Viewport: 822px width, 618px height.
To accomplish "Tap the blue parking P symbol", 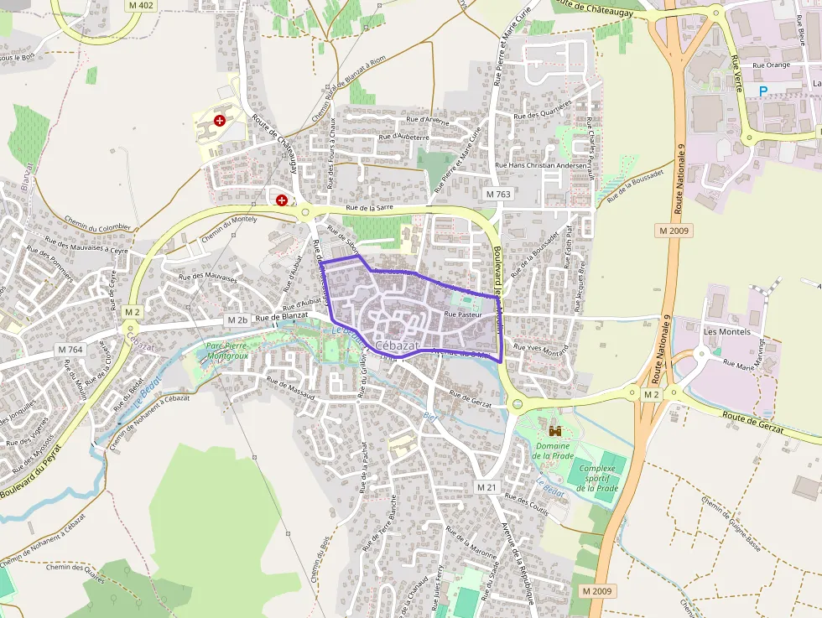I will coord(763,91).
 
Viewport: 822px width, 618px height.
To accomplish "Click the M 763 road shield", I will coord(498,194).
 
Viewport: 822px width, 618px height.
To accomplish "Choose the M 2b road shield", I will coord(237,320).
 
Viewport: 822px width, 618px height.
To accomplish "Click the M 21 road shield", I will coord(486,487).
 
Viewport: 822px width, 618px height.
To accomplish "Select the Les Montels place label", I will coord(726,331).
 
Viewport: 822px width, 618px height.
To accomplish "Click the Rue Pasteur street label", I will coord(463,314).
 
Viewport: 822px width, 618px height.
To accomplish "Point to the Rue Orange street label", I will coord(771,65).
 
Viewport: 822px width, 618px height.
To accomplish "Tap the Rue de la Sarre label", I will coord(370,207).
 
